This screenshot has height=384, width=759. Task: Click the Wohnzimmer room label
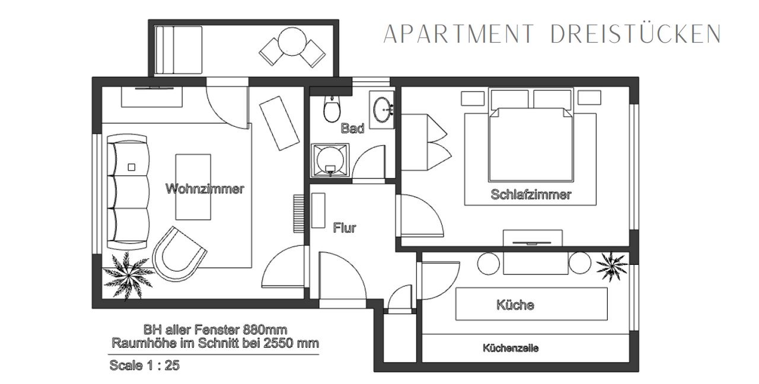pos(205,188)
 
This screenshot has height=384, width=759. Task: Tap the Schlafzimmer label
pos(531,194)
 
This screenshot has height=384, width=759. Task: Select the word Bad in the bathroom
pos(352,129)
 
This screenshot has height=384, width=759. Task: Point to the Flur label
pos(345,228)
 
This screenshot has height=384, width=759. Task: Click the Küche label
pos(515,305)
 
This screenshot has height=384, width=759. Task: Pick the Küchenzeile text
pos(511,348)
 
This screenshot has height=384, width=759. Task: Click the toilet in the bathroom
pos(331,108)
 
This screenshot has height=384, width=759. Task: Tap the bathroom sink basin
pos(383,110)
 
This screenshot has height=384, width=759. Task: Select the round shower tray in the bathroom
pos(330,161)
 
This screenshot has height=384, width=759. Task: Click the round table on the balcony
pos(292,41)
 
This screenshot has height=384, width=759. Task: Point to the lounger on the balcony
pos(178,50)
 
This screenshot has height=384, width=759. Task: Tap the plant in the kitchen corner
pos(612,266)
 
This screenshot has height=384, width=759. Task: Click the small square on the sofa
pos(132,167)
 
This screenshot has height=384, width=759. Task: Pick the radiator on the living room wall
pos(299,213)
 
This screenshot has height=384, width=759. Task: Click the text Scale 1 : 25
pos(144,366)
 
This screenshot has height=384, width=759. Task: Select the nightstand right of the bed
pos(589,98)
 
